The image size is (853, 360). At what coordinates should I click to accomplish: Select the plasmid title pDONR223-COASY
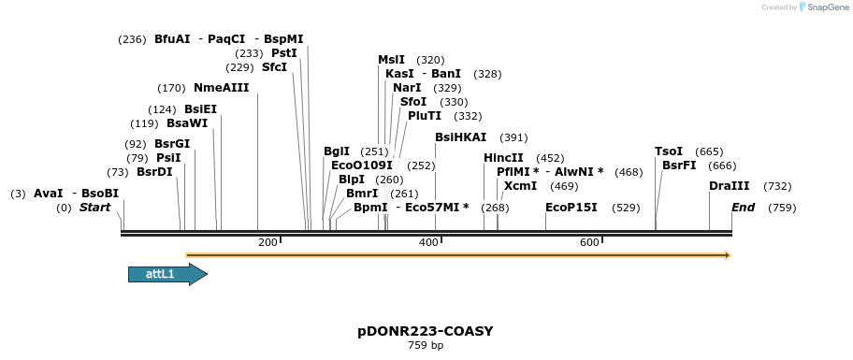pyautogui.click(x=425, y=331)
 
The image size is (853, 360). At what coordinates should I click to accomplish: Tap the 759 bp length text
pyautogui.click(x=425, y=346)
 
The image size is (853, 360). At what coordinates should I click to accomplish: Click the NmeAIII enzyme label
pyautogui.click(x=222, y=88)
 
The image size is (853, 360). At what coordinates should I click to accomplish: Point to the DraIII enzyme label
pyautogui.click(x=730, y=186)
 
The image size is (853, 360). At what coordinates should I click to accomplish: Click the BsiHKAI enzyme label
pyautogui.click(x=461, y=137)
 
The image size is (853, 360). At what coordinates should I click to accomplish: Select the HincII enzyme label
pyautogui.click(x=503, y=158)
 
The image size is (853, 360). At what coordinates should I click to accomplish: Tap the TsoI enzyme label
pyautogui.click(x=669, y=151)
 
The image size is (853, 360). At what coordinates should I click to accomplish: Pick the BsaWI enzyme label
pyautogui.click(x=187, y=123)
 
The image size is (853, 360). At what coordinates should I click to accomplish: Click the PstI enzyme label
pyautogui.click(x=284, y=53)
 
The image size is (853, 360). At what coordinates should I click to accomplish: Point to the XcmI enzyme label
pyautogui.click(x=520, y=186)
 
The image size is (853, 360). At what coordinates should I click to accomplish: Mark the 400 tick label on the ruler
pyautogui.click(x=428, y=243)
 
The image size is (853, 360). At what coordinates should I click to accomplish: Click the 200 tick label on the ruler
pyautogui.click(x=267, y=243)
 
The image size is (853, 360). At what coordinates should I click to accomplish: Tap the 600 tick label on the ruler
pyautogui.click(x=589, y=243)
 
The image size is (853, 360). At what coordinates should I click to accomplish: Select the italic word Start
pyautogui.click(x=94, y=207)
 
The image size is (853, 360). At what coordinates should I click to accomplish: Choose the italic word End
pyautogui.click(x=743, y=207)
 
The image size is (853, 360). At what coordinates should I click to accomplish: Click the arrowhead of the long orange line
pyautogui.click(x=727, y=254)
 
